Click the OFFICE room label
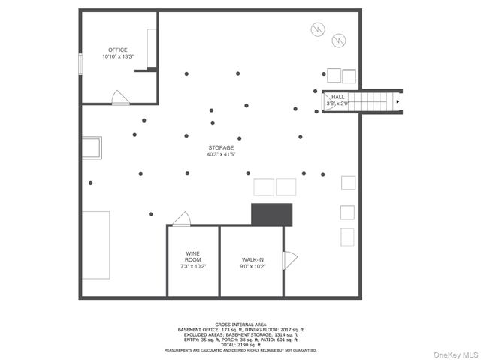[118, 50]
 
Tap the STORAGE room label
[221, 147]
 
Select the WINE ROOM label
[193, 256]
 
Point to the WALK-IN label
[253, 259]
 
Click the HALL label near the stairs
[338, 97]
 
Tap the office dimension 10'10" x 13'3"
[118, 56]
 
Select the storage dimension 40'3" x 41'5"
[221, 155]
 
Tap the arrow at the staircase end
[398, 101]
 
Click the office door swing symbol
[119, 97]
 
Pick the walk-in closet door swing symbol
[289, 260]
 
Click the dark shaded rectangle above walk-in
[271, 213]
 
